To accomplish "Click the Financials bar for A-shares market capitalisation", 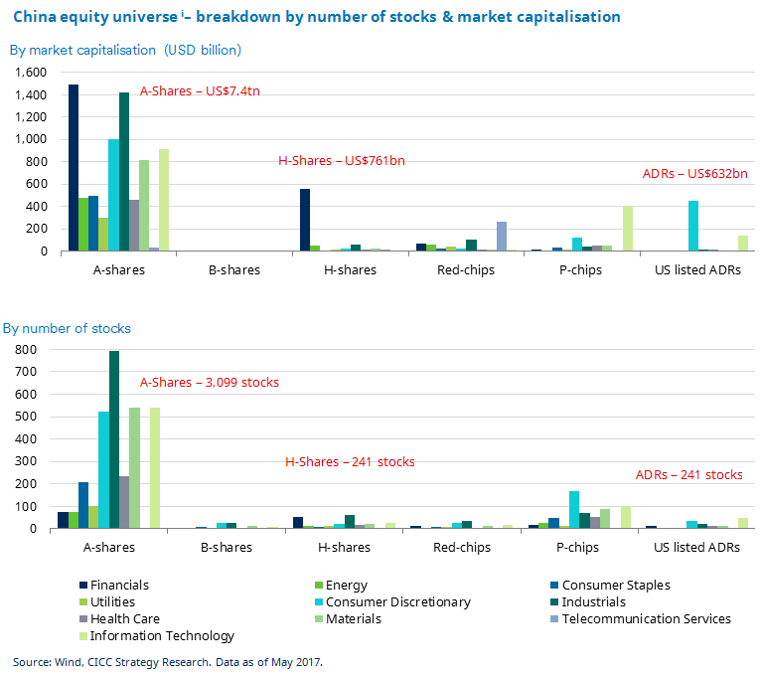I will click(74, 168).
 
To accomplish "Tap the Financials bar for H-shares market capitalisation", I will click(305, 220).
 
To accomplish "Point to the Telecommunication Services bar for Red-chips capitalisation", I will click(502, 237).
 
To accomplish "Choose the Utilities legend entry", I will click(112, 601).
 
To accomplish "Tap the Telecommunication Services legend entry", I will click(646, 618).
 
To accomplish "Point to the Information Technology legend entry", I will click(162, 636).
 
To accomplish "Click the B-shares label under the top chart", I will click(233, 269).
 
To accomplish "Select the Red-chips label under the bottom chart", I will click(461, 547).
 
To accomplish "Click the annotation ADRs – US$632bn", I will click(694, 174).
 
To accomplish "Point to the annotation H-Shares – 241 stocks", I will click(350, 462).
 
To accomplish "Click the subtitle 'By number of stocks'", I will click(67, 328).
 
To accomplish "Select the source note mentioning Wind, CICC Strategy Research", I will click(167, 661).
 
